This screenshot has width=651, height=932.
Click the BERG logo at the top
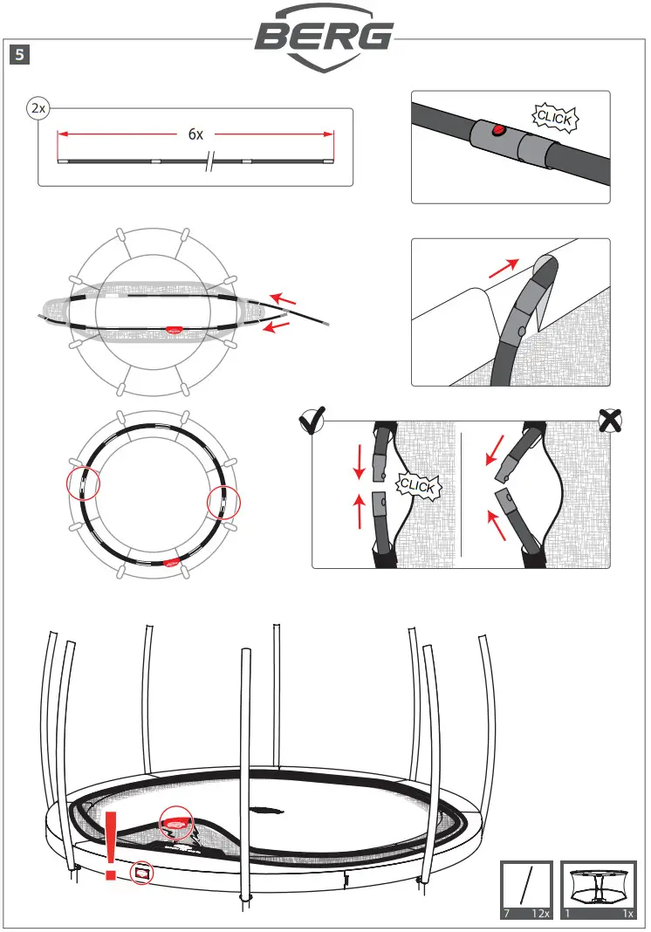coord(325,38)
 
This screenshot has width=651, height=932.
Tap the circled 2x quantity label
coord(38,109)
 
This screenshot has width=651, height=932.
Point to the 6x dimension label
coord(195,134)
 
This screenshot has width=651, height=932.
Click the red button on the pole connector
coord(498,132)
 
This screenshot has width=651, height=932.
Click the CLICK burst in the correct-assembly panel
coord(418,485)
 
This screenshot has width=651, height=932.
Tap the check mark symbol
coord(312,422)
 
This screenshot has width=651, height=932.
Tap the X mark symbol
coord(611,421)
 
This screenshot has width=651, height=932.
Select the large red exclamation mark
coord(112,845)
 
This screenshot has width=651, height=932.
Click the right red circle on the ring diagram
coord(222,503)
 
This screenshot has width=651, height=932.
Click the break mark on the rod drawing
coord(209,162)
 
